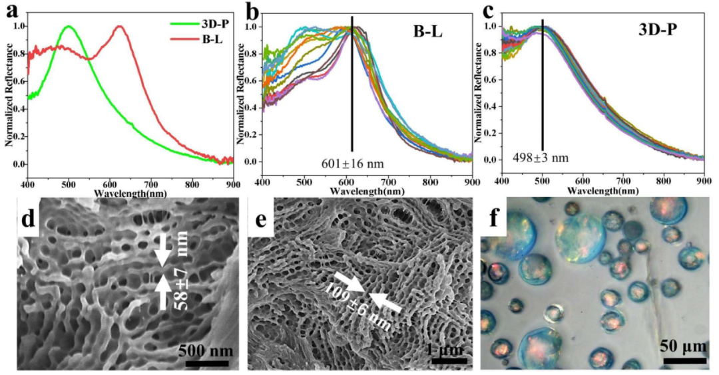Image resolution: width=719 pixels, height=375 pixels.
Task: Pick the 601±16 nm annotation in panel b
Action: pyautogui.click(x=352, y=163)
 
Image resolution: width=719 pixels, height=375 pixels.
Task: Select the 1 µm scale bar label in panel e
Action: pyautogui.click(x=443, y=349)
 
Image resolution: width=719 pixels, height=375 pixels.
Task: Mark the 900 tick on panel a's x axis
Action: pyautogui.click(x=232, y=183)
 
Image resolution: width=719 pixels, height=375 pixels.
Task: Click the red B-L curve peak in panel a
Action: pyautogui.click(x=120, y=27)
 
